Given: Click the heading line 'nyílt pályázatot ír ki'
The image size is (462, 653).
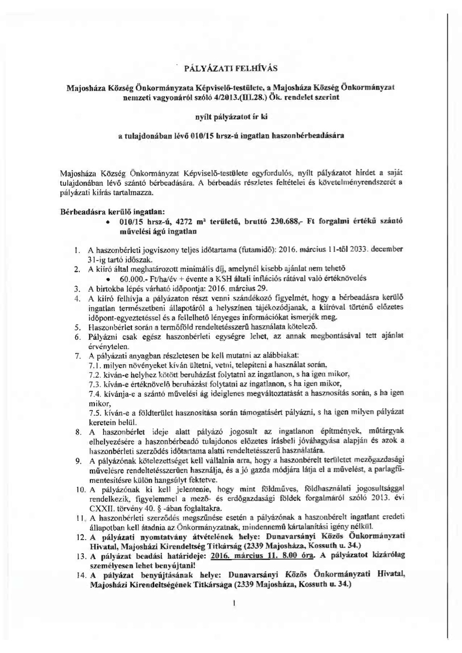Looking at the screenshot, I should pyautogui.click(x=231, y=117).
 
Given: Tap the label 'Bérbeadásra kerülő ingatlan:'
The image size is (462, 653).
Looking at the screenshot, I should pyautogui.click(x=112, y=212).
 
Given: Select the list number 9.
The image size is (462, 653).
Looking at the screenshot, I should pyautogui.click(x=77, y=461).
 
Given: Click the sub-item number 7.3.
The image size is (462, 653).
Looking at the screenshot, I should pyautogui.click(x=95, y=384).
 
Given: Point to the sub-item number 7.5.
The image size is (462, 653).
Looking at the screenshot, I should pyautogui.click(x=95, y=412).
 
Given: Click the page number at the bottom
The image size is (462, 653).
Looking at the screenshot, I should pyautogui.click(x=234, y=603).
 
